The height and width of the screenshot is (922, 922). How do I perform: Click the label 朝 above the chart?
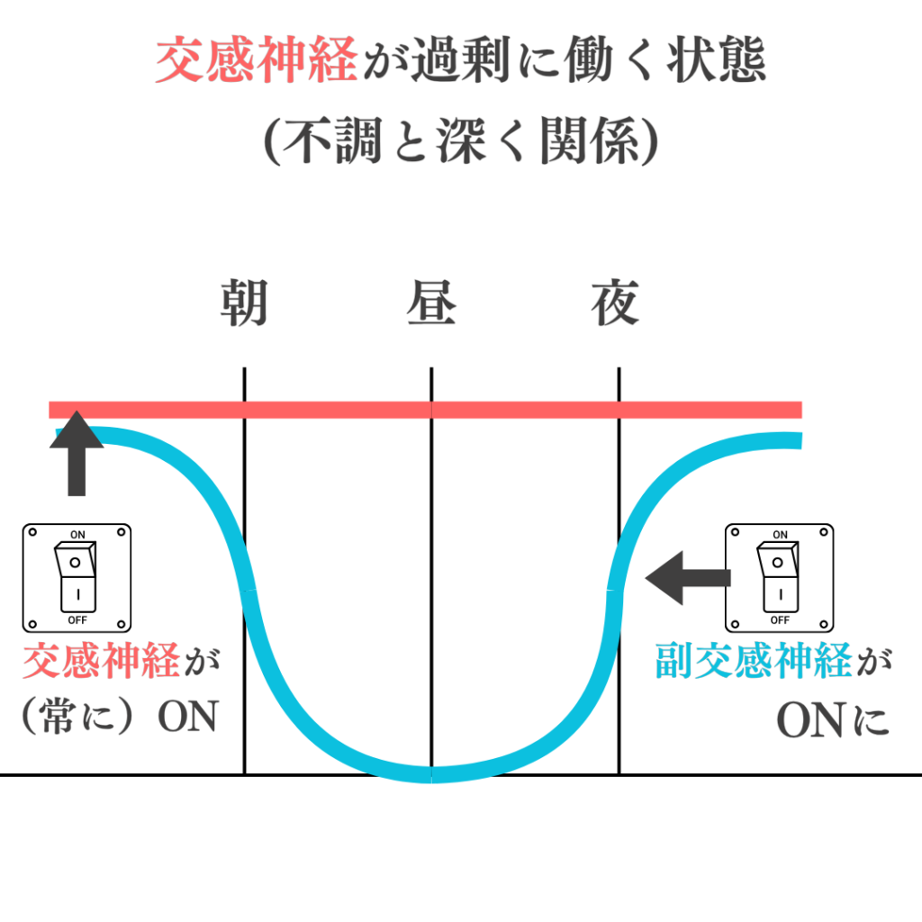[244, 304]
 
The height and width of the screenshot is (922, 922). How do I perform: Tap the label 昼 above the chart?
[431, 304]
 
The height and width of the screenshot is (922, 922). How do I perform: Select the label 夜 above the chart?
[616, 304]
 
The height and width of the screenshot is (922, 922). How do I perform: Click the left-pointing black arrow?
[687, 577]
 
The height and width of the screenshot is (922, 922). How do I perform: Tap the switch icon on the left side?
[77, 577]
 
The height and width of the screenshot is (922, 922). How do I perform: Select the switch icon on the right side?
[780, 577]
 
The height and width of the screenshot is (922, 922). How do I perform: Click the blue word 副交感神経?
[753, 662]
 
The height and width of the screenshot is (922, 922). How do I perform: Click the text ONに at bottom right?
[833, 719]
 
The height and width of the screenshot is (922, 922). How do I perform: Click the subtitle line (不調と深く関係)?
[461, 141]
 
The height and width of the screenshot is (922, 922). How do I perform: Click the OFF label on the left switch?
[77, 620]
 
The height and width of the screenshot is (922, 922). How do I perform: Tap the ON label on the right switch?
[780, 535]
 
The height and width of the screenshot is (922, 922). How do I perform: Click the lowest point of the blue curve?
[431, 773]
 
